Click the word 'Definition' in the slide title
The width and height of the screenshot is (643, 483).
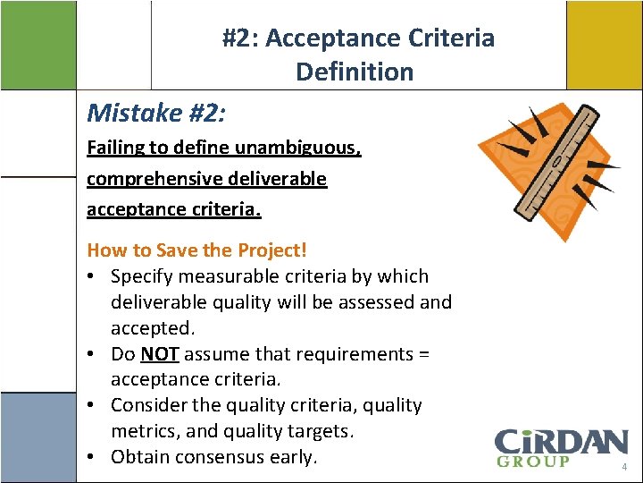click(355, 72)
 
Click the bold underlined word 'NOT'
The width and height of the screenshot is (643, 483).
click(159, 354)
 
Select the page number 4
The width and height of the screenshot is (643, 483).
click(625, 468)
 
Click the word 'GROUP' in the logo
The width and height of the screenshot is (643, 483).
click(532, 462)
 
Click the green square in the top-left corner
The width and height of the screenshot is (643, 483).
click(38, 44)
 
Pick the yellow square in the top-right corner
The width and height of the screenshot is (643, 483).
click(604, 44)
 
